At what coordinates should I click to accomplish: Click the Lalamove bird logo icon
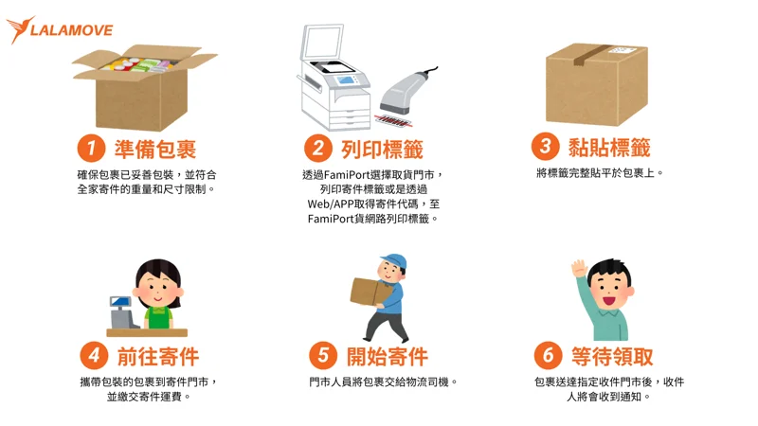click(x=19, y=29)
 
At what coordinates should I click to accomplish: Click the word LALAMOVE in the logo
click(x=72, y=30)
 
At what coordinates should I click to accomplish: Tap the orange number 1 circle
click(x=91, y=148)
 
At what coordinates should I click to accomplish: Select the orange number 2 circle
click(x=318, y=148)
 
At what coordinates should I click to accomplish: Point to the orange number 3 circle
click(x=546, y=147)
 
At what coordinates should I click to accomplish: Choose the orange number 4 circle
click(x=94, y=356)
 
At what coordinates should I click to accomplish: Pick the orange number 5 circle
click(x=323, y=356)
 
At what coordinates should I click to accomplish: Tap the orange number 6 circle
click(x=549, y=356)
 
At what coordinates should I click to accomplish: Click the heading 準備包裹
click(x=155, y=149)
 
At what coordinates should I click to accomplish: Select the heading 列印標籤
click(x=382, y=149)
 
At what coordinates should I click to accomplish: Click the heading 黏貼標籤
click(x=609, y=148)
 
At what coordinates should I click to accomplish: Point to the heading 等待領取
click(x=612, y=357)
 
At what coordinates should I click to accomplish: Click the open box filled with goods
click(x=143, y=87)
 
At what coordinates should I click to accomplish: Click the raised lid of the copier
click(x=322, y=43)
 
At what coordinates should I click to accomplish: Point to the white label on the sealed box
click(x=621, y=50)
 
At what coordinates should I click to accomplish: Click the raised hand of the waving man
click(x=579, y=268)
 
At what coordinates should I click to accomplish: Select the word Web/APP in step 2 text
click(x=333, y=204)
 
